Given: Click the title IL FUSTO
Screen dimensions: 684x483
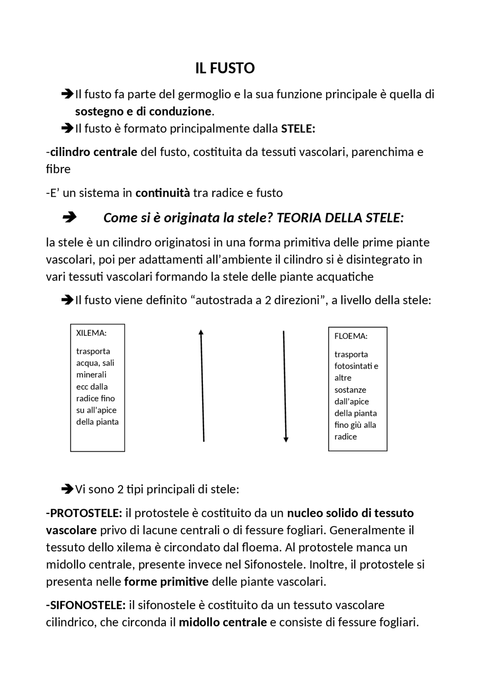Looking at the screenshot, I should click(x=225, y=68).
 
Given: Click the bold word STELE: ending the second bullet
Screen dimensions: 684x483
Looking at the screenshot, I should click(x=298, y=129).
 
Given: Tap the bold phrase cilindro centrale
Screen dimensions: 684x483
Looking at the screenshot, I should click(x=94, y=152).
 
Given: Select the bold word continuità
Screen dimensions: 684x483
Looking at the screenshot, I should click(x=163, y=193).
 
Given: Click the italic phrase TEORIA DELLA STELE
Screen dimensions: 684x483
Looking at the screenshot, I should click(x=338, y=218).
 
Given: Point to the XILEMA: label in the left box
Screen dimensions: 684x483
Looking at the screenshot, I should click(x=91, y=333).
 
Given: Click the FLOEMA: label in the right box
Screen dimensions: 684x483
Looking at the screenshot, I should click(x=351, y=336).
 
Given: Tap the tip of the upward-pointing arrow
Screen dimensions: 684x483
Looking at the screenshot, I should click(x=201, y=331).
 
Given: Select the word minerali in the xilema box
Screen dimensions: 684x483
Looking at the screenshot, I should click(x=91, y=375).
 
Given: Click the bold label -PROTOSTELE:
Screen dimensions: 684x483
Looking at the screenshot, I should click(x=84, y=513).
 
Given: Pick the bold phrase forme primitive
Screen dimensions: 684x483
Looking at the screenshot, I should click(x=166, y=582).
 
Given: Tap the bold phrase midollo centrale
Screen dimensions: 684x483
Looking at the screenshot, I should click(x=223, y=622).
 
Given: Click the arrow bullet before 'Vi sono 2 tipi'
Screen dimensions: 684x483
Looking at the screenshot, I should click(x=67, y=489).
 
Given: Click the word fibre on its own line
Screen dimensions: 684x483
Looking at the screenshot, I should click(x=58, y=169).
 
